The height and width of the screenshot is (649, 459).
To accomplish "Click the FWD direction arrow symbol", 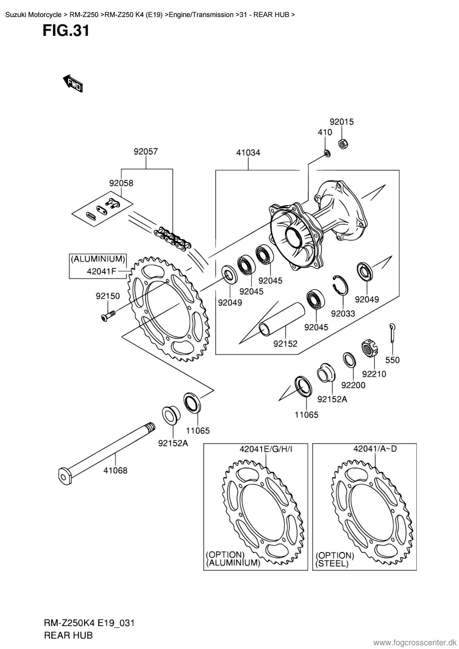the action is (73, 83).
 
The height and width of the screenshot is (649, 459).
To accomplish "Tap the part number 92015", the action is (342, 122).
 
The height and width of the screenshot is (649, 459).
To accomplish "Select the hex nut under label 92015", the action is (342, 144).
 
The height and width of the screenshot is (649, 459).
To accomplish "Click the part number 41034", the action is (248, 152).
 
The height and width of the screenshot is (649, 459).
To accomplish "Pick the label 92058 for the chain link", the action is (121, 183).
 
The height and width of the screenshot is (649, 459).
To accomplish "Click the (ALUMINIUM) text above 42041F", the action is (98, 258).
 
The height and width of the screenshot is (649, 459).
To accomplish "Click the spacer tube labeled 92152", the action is (281, 319).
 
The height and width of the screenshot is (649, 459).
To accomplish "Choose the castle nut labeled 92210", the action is (369, 348).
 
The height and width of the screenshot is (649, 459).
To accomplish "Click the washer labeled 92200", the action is (349, 360).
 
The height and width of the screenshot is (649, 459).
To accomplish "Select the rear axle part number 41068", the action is (115, 471).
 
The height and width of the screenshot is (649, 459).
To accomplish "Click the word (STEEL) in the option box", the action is (332, 564).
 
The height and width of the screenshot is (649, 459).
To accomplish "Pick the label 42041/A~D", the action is (375, 449).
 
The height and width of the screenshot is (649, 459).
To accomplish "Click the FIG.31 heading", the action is (66, 30).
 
